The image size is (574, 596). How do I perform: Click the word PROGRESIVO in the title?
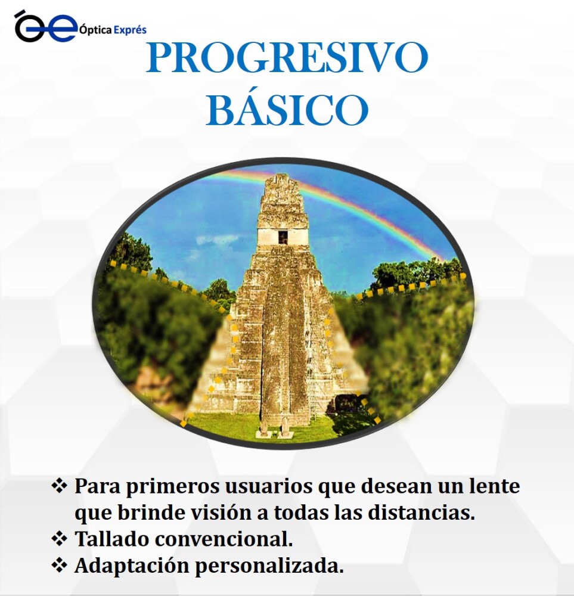[287, 57]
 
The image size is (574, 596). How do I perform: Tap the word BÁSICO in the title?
[287, 109]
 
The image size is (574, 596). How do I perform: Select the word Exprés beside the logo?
[129, 30]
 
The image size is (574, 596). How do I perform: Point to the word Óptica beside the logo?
[95, 30]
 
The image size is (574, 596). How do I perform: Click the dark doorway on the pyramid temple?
[283, 237]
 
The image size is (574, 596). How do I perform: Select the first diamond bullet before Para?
[59, 486]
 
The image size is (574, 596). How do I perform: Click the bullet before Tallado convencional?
[59, 539]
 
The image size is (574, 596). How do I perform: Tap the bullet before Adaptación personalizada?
[59, 566]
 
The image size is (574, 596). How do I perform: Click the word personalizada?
[269, 566]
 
